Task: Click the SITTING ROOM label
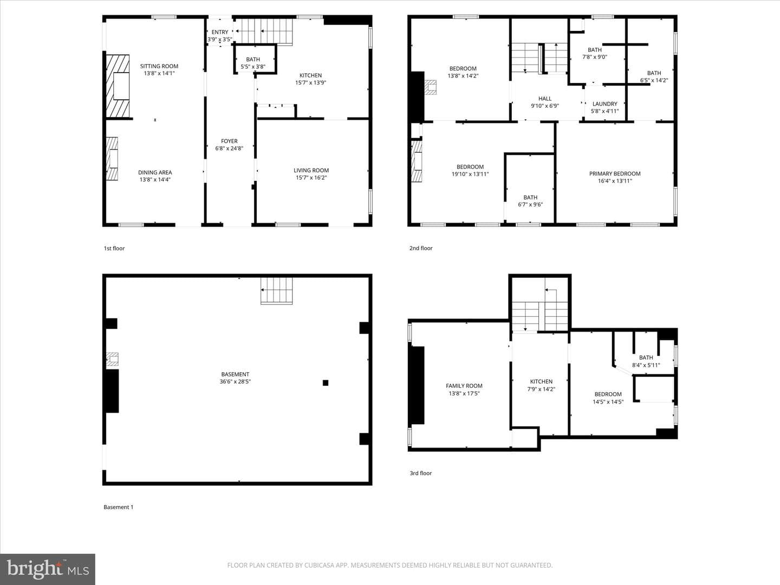pyautogui.click(x=159, y=66)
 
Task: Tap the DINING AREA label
pyautogui.click(x=155, y=172)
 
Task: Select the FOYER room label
pyautogui.click(x=229, y=141)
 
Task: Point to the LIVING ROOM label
pyautogui.click(x=311, y=170)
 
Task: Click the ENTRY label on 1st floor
pyautogui.click(x=219, y=32)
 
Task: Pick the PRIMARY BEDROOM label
pyautogui.click(x=615, y=173)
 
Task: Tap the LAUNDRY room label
pyautogui.click(x=605, y=103)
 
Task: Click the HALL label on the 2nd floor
pyautogui.click(x=545, y=99)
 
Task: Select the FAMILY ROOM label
pyautogui.click(x=464, y=386)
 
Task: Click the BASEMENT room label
pyautogui.click(x=235, y=374)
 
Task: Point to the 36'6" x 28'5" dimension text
pyautogui.click(x=235, y=381)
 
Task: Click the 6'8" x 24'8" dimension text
pyautogui.click(x=229, y=148)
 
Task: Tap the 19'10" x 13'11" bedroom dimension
pyautogui.click(x=470, y=174)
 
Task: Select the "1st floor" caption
pyautogui.click(x=114, y=248)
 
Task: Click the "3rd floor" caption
pyautogui.click(x=421, y=473)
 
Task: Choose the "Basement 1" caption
pyautogui.click(x=118, y=507)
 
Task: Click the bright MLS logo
pyautogui.click(x=48, y=569)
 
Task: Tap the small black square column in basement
pyautogui.click(x=325, y=382)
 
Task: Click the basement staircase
pyautogui.click(x=276, y=291)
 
